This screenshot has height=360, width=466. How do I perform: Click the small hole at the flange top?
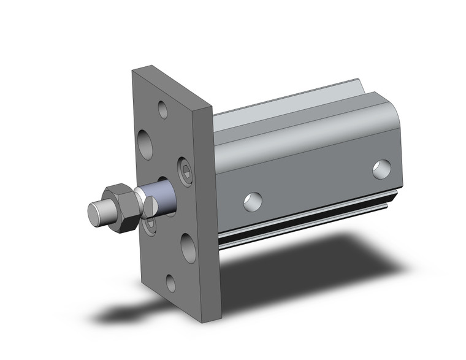[x=162, y=110]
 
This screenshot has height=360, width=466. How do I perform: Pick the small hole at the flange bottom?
[x=171, y=283]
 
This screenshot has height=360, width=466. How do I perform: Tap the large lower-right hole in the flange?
[x=188, y=248]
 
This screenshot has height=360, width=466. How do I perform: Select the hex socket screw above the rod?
[x=186, y=171]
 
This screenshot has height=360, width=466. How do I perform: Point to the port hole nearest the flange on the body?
[x=253, y=201]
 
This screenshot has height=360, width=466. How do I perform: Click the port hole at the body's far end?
[x=381, y=169]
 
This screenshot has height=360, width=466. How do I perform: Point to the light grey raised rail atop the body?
[x=294, y=104]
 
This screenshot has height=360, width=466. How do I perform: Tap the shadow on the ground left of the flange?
[x=123, y=313]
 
